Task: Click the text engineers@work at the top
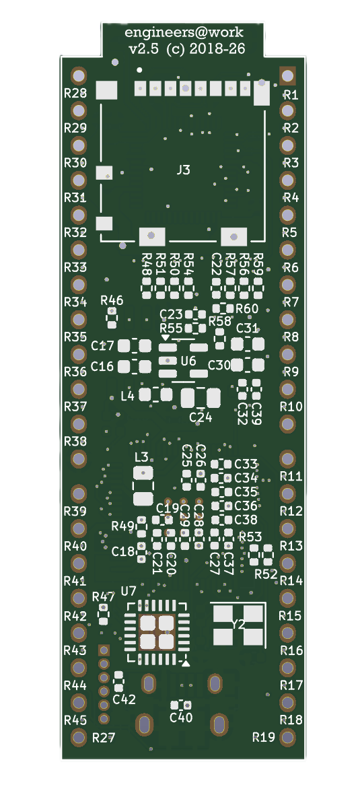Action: tap(184, 33)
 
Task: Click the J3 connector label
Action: tap(183, 170)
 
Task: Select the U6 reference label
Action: tap(188, 361)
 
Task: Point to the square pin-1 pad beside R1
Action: tap(287, 76)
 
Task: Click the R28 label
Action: tap(75, 93)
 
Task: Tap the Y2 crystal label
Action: tap(238, 625)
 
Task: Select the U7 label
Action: tap(129, 591)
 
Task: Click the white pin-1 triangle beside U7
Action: tap(186, 663)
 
